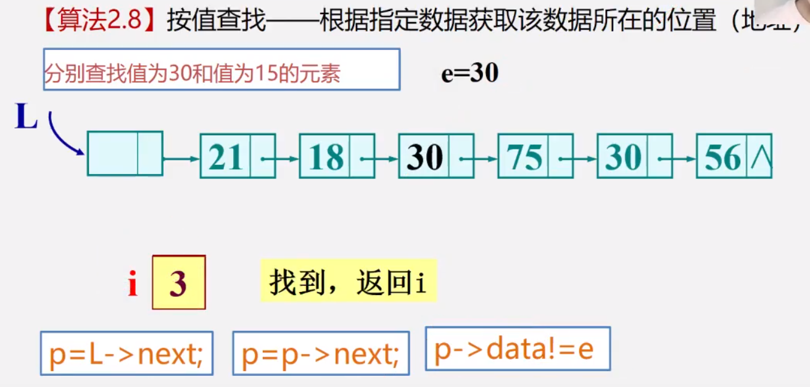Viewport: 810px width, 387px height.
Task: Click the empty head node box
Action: click(x=125, y=153)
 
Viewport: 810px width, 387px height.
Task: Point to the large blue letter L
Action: click(x=26, y=117)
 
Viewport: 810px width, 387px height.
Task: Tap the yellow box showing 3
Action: click(x=178, y=283)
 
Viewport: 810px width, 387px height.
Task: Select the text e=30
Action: click(x=469, y=73)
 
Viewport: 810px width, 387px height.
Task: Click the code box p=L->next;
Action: click(x=126, y=353)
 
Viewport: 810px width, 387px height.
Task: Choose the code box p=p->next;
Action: click(x=321, y=353)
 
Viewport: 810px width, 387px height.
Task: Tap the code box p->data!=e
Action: click(x=517, y=349)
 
